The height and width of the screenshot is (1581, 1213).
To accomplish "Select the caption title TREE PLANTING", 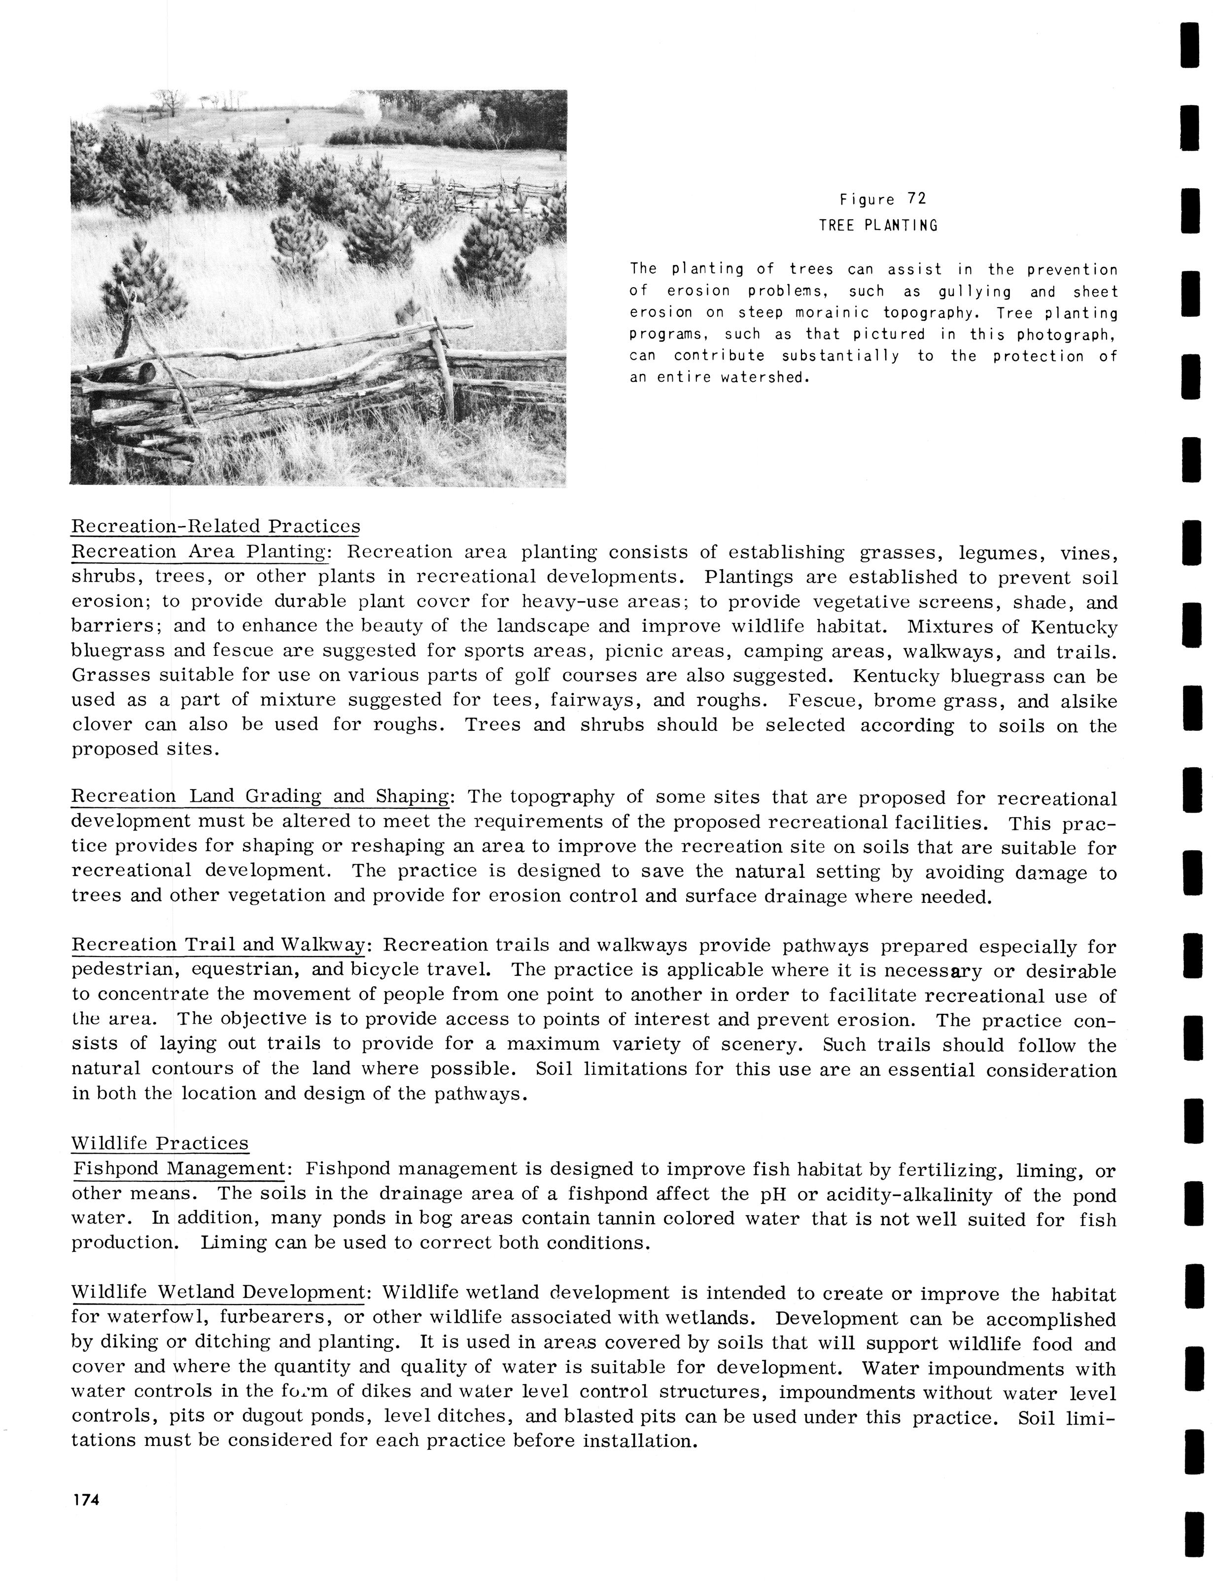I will pyautogui.click(x=878, y=225).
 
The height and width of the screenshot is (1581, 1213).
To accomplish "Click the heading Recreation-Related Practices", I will pyautogui.click(x=215, y=526).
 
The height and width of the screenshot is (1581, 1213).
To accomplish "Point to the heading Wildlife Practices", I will pyautogui.click(x=160, y=1143).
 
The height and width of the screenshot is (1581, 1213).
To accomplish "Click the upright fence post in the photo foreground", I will pyautogui.click(x=443, y=368).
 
